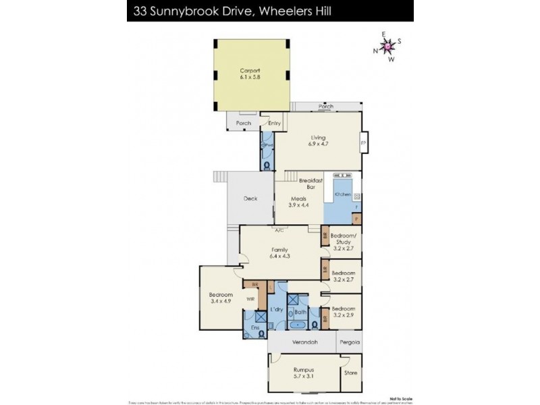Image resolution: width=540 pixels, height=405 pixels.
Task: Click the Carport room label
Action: pyautogui.click(x=249, y=74)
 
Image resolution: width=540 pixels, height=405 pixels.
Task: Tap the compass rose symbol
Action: pyautogui.click(x=389, y=46)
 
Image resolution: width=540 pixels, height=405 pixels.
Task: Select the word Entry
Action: pyautogui.click(x=274, y=124)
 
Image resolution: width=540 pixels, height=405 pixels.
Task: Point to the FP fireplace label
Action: pyautogui.click(x=363, y=143)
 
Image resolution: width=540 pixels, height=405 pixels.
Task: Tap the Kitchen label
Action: pyautogui.click(x=342, y=194)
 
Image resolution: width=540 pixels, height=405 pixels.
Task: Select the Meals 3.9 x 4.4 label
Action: pyautogui.click(x=299, y=202)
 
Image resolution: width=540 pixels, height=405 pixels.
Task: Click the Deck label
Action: pyautogui.click(x=250, y=198)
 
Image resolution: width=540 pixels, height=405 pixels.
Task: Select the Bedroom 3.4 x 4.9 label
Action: pyautogui.click(x=221, y=298)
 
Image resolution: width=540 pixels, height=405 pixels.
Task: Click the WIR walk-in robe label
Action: pyautogui.click(x=249, y=298)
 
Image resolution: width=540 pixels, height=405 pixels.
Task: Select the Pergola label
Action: pyautogui.click(x=349, y=342)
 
